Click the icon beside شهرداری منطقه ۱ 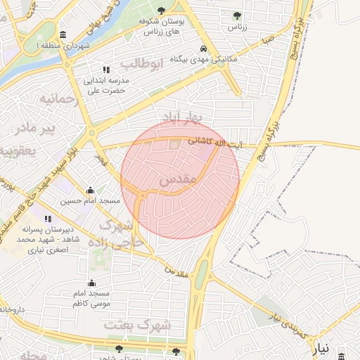coord(63,35)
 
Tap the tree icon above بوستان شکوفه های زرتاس coord(162,11)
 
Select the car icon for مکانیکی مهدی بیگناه coord(202,49)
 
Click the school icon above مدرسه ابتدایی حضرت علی coord(106,70)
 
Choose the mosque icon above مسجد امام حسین coord(91,190)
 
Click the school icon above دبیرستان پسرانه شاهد coord(48,219)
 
